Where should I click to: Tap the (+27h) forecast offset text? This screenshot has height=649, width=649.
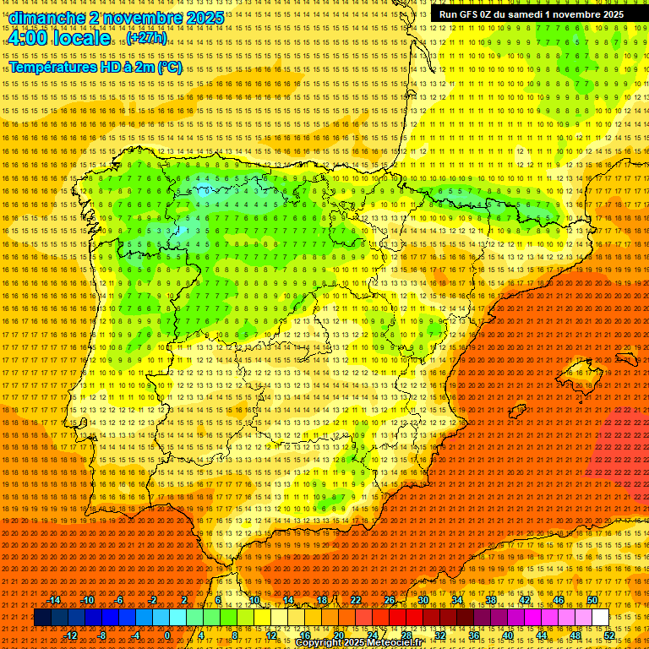point(146,38)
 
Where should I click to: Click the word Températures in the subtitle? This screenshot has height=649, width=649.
point(55,68)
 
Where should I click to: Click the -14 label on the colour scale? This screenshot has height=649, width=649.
point(54,600)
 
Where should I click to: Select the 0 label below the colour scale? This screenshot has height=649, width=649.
point(167,635)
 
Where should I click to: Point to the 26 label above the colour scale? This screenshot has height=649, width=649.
point(390,600)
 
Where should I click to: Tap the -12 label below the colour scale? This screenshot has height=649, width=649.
point(71,635)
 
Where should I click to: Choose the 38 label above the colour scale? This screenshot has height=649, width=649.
point(491,600)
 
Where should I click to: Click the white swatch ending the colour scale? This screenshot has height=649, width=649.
point(600,618)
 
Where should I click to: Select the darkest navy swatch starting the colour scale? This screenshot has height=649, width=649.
point(42,618)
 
